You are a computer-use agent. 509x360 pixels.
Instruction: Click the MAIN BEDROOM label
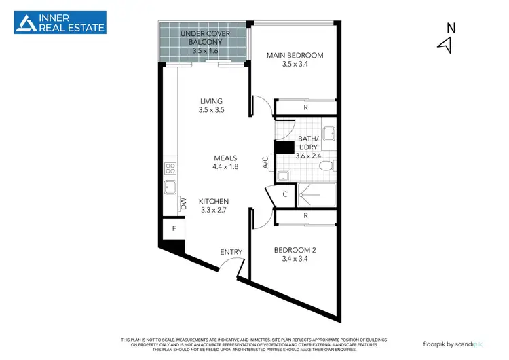pyautogui.click(x=295, y=56)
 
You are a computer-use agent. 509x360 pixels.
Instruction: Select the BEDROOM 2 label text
pyautogui.click(x=295, y=249)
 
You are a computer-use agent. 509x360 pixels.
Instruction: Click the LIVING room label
pyautogui.click(x=211, y=101)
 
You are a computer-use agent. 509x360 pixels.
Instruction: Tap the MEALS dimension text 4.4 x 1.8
pyautogui.click(x=225, y=166)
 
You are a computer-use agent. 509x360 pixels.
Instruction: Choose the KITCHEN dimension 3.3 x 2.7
pyautogui.click(x=213, y=211)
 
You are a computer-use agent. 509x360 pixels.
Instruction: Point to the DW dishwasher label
pyautogui.click(x=183, y=202)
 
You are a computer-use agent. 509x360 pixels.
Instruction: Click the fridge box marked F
pyautogui.click(x=174, y=229)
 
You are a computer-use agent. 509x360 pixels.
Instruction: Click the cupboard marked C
pyautogui.click(x=284, y=194)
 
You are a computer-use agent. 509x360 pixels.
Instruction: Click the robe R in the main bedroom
pyautogui.click(x=306, y=107)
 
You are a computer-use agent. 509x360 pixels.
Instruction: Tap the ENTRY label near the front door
pyautogui.click(x=231, y=252)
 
